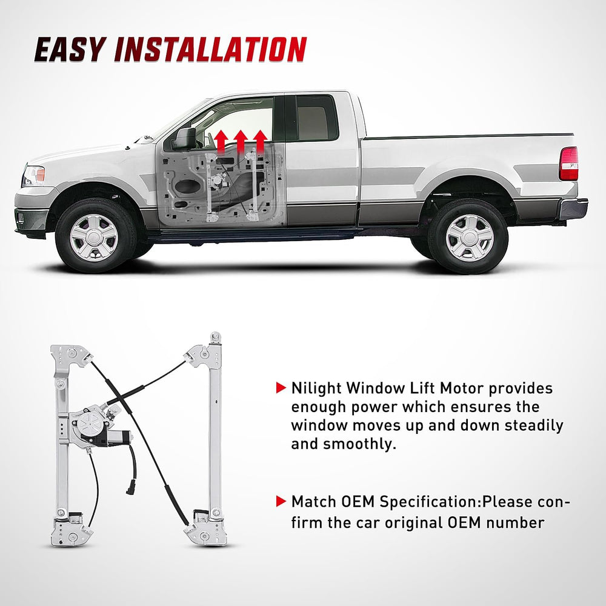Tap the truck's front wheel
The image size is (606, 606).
[94, 237]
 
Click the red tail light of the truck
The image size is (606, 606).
[568, 164]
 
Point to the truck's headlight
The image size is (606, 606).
[33, 176]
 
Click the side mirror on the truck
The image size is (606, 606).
[184, 139]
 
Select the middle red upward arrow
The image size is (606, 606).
[241, 141]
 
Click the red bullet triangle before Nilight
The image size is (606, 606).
[280, 387]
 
